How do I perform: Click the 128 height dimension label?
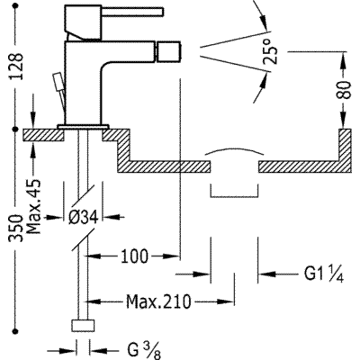(16, 66)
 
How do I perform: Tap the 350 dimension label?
(16, 228)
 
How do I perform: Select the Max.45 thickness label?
(33, 207)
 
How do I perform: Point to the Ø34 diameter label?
(83, 217)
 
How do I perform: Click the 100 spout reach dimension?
(135, 256)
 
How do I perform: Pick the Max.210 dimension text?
(158, 301)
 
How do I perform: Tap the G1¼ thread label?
(324, 274)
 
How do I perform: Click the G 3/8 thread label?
(144, 351)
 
